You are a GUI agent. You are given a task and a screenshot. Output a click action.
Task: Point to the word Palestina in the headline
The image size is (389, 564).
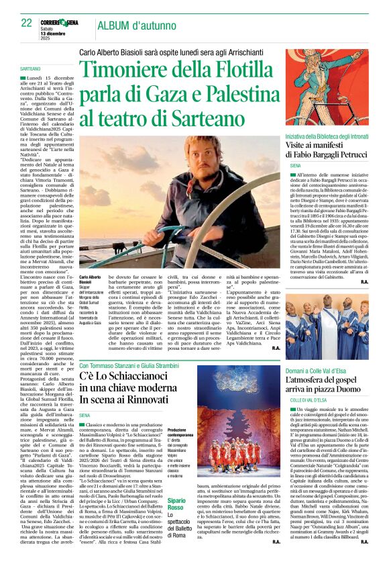click(x=242, y=97)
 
